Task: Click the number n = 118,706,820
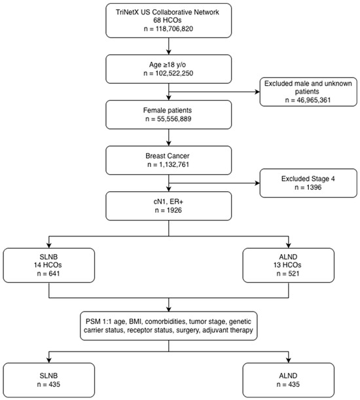[x=168, y=29]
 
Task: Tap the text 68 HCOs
[x=168, y=20]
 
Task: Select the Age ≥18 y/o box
[x=169, y=69]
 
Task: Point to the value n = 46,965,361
[x=308, y=100]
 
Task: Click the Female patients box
[x=169, y=115]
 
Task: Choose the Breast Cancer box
[x=169, y=160]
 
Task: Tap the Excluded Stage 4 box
[x=308, y=183]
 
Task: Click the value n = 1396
[x=308, y=187]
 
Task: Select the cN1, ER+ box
[x=169, y=206]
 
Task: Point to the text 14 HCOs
[x=48, y=264]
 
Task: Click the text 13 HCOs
[x=287, y=264]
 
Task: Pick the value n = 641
[x=48, y=274]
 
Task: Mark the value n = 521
[x=288, y=274]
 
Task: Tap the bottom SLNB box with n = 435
[x=48, y=380]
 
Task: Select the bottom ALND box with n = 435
[x=288, y=380]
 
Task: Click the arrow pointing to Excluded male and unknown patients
[x=214, y=92]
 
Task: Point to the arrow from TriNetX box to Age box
[x=169, y=46]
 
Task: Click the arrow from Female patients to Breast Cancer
[x=169, y=137]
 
